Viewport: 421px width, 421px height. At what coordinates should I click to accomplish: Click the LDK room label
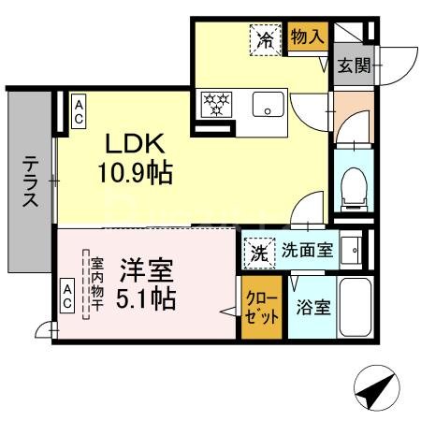[x=135, y=143]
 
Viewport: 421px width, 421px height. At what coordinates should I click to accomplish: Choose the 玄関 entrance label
[x=353, y=66]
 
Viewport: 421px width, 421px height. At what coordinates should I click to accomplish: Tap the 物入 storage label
[x=308, y=36]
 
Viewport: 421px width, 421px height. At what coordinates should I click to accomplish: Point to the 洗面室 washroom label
[x=307, y=251]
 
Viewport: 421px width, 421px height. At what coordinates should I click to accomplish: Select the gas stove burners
[x=215, y=104]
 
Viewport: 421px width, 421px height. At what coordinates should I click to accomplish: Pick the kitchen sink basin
[x=268, y=105]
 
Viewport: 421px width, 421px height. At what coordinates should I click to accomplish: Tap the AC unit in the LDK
[x=80, y=112]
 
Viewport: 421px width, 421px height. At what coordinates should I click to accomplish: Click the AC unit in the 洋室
[x=67, y=297]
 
